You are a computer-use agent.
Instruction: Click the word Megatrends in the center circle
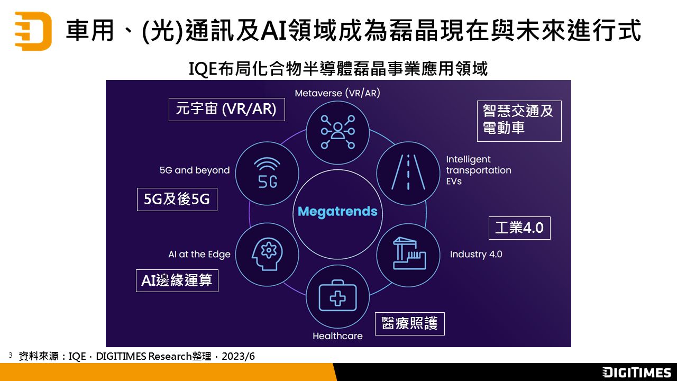pyautogui.click(x=337, y=212)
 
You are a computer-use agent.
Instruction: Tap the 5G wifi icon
pyautogui.click(x=267, y=173)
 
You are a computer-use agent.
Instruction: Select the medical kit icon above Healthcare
pyautogui.click(x=337, y=296)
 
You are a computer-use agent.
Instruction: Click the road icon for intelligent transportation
pyautogui.click(x=408, y=173)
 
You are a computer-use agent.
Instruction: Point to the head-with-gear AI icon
pyautogui.click(x=267, y=254)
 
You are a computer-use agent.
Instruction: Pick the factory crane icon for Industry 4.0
pyautogui.click(x=409, y=253)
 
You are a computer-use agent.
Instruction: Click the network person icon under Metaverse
pyautogui.click(x=337, y=132)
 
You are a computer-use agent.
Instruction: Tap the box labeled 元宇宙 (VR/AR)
pyautogui.click(x=227, y=110)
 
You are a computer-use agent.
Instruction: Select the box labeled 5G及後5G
pyautogui.click(x=177, y=199)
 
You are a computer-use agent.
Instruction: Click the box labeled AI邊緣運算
pyautogui.click(x=177, y=280)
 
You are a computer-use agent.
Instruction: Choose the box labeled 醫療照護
pyautogui.click(x=410, y=323)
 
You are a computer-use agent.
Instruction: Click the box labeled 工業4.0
pyautogui.click(x=519, y=228)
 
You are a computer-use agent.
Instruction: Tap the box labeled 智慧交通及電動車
pyautogui.click(x=519, y=121)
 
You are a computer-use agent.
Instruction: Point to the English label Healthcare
pyautogui.click(x=337, y=336)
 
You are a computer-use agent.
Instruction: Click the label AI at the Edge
pyautogui.click(x=199, y=255)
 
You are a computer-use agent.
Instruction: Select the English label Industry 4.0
pyautogui.click(x=476, y=255)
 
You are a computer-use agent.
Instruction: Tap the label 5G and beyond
pyautogui.click(x=195, y=170)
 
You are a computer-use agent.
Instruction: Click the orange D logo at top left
pyautogui.click(x=33, y=31)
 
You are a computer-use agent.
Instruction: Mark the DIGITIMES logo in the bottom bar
pyautogui.click(x=636, y=372)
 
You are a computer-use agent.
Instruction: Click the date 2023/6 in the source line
pyautogui.click(x=238, y=357)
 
